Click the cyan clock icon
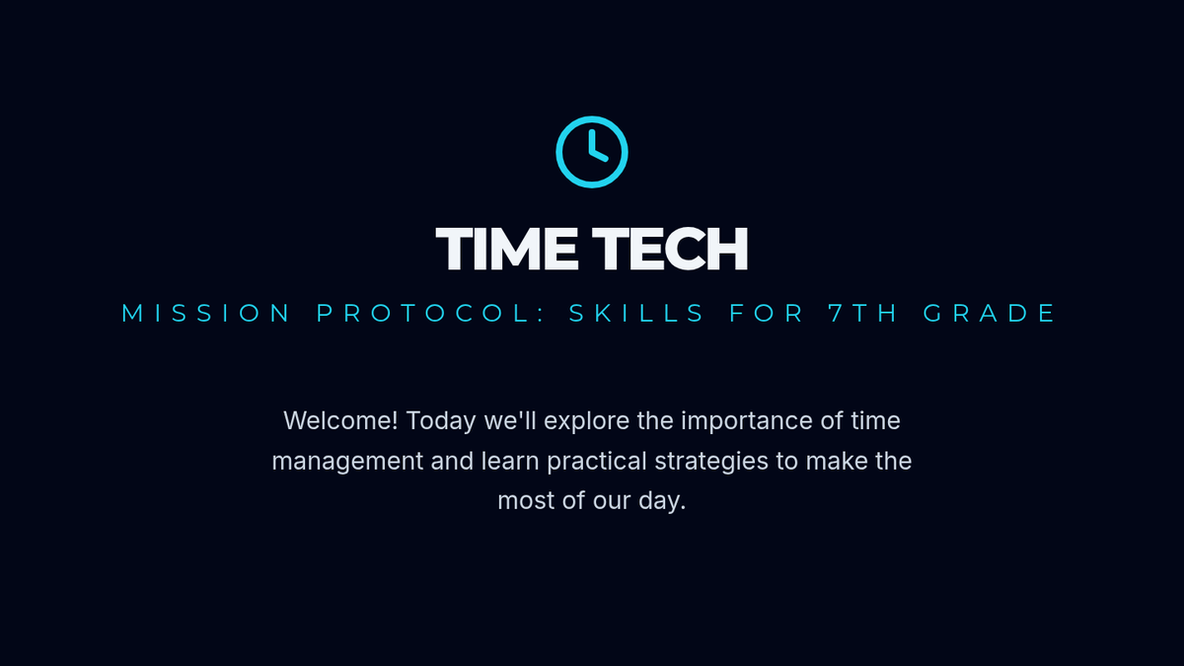coord(592,117)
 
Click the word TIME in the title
coord(506,249)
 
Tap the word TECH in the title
coord(670,249)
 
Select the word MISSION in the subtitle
coord(205,313)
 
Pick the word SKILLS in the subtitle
coord(636,313)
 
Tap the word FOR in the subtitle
coord(767,313)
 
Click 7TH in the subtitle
coord(862,313)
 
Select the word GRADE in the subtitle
coord(989,313)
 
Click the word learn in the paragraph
coord(510,461)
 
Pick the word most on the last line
coord(526,501)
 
